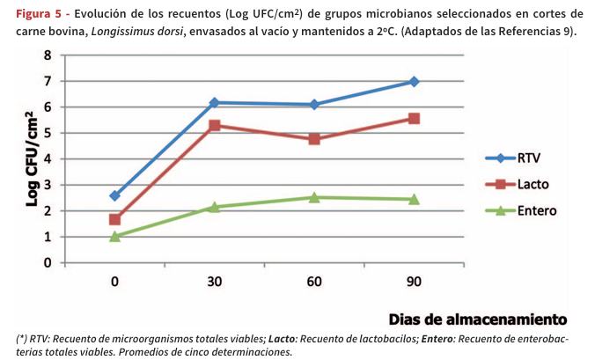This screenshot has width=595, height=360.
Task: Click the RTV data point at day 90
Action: click(414, 81)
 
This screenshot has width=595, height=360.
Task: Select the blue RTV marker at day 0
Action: click(115, 195)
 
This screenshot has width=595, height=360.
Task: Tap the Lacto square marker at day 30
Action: click(215, 125)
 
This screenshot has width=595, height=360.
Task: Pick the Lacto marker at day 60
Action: click(314, 139)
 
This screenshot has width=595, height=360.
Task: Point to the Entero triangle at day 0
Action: click(115, 236)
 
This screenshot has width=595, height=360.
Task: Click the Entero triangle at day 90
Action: click(414, 199)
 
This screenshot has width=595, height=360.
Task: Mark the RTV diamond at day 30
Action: click(215, 103)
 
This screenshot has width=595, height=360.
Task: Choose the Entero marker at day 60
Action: click(314, 197)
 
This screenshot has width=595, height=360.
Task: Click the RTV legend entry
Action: click(528, 158)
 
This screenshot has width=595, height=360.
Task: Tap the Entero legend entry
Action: click(536, 211)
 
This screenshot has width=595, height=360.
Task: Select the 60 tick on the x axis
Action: click(314, 282)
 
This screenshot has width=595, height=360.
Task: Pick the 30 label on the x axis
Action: click(215, 282)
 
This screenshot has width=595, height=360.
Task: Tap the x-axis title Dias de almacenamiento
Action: click(478, 318)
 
